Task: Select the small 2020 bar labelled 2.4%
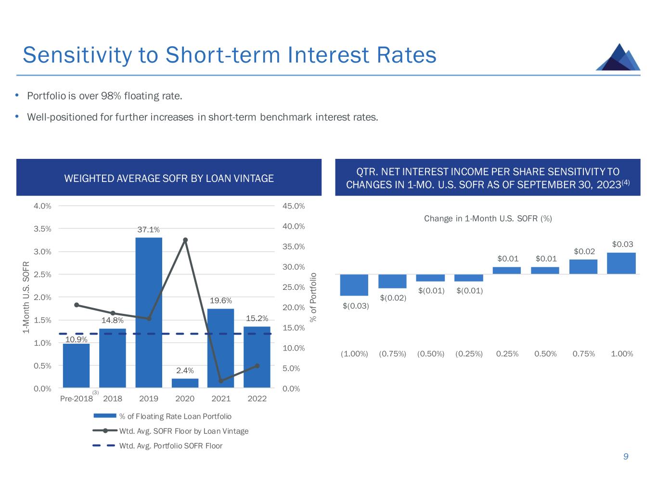coord(185,383)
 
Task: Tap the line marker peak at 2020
coord(185,240)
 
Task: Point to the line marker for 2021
coord(221,381)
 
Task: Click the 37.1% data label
coord(148,230)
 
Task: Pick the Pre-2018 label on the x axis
coord(76,399)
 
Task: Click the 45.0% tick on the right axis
coord(294,206)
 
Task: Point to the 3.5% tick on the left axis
coord(42,229)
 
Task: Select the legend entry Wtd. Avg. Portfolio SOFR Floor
coord(170,446)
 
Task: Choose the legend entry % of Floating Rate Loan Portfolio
coord(175,416)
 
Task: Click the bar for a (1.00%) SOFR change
coord(354,285)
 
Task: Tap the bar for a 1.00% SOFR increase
coord(621,263)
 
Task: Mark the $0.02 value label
coord(584,251)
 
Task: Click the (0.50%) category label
coord(431,354)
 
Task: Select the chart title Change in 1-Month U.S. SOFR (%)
coord(488,219)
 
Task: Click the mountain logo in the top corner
coord(618,57)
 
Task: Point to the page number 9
coord(626,456)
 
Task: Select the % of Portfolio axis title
coord(314,297)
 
